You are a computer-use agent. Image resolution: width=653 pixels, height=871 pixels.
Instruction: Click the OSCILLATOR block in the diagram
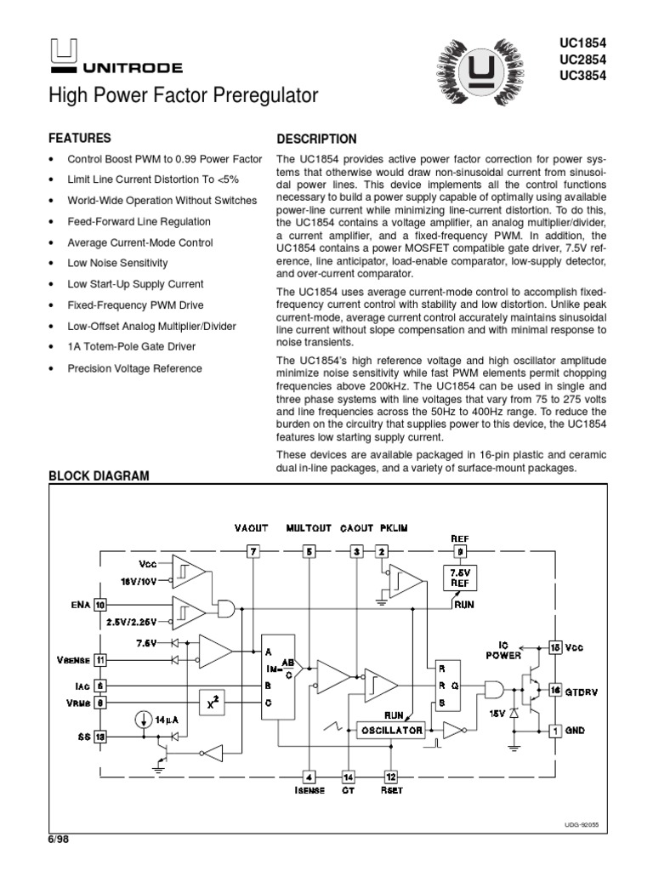point(390,730)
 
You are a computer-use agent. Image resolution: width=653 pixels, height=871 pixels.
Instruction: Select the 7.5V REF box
point(458,578)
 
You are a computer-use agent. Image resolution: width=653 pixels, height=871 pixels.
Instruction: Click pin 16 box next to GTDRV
point(554,691)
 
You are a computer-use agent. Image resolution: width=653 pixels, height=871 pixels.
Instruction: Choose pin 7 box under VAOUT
point(253,552)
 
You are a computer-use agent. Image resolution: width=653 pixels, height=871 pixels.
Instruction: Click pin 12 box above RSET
point(391,777)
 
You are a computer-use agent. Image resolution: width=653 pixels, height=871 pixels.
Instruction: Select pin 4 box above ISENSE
point(309,777)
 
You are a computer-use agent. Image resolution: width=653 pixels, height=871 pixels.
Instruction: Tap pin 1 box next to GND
point(554,730)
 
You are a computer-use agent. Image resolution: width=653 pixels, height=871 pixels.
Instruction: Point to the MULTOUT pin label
point(309,528)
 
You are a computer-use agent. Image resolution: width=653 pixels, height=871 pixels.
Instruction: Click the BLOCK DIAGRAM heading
point(99,476)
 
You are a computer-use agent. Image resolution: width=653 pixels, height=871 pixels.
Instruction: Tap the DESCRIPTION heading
point(317,139)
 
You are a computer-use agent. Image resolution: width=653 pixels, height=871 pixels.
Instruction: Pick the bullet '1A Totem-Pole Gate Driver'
point(131,347)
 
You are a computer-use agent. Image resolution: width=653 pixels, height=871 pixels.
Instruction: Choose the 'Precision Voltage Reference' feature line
point(134,368)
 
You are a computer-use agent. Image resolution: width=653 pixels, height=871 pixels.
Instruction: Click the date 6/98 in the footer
point(57,839)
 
